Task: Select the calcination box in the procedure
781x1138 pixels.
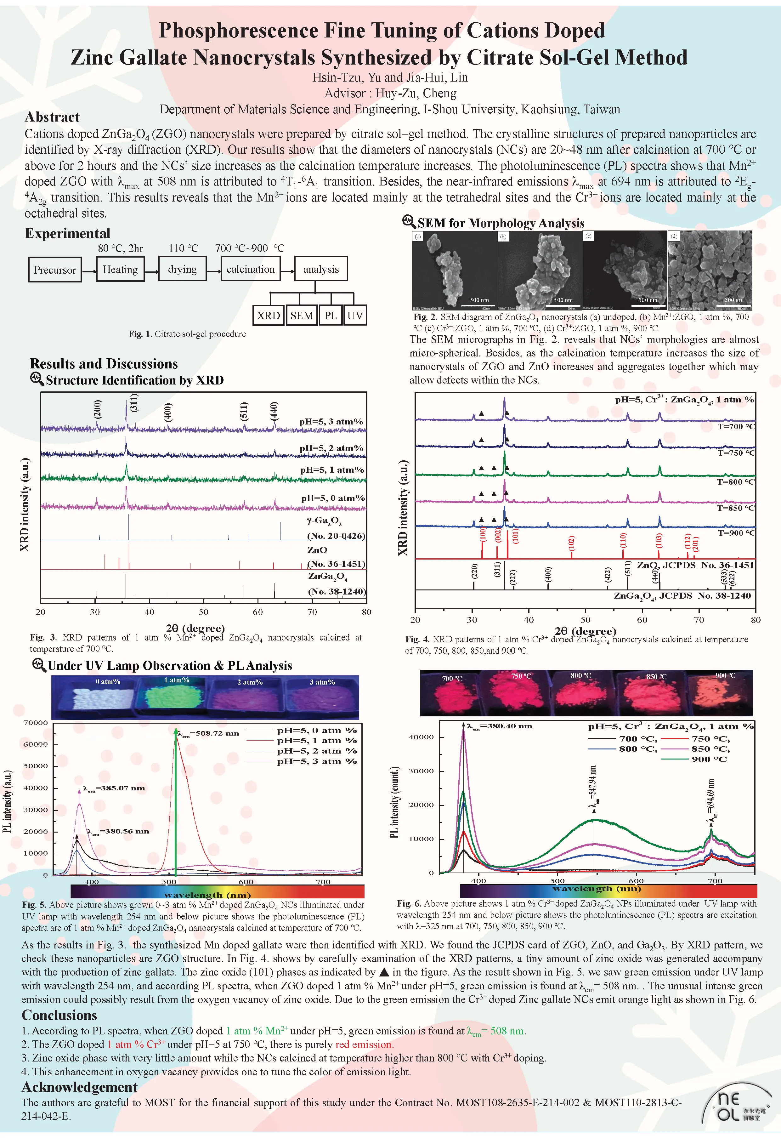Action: (x=250, y=269)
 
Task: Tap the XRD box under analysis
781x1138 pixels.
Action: (x=268, y=315)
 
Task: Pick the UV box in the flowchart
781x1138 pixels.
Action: (x=355, y=315)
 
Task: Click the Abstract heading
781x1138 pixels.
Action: (x=52, y=117)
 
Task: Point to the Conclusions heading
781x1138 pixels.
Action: (x=59, y=1015)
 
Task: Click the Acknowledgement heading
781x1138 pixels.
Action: (x=79, y=1087)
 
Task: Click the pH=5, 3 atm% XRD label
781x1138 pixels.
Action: (x=331, y=422)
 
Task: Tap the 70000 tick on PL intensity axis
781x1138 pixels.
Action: (x=36, y=723)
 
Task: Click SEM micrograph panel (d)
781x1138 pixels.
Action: (x=710, y=271)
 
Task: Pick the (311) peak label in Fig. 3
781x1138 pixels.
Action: (x=134, y=403)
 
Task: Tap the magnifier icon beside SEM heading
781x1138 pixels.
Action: (x=408, y=221)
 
